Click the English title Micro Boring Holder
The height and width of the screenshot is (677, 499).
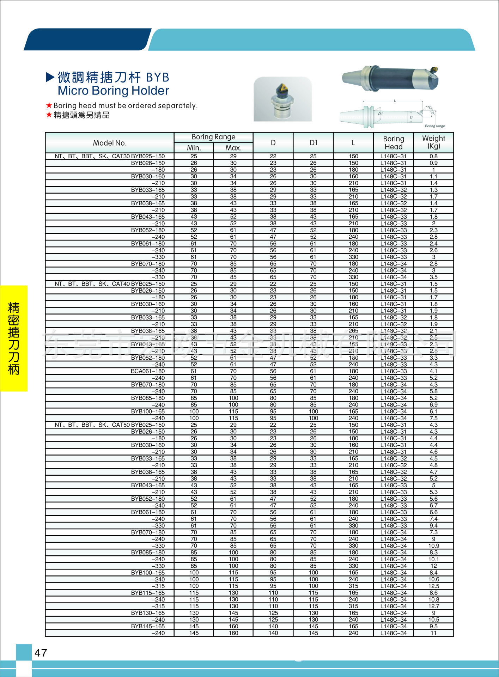coord(113,91)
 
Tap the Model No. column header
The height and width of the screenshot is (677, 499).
coord(110,143)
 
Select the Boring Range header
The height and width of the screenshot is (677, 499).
coord(213,137)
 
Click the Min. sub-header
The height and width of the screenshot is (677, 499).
coord(194,148)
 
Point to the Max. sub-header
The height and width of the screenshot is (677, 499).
coord(233,148)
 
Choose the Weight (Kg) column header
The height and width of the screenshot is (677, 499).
coord(433,142)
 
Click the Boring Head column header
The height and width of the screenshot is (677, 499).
coord(394,142)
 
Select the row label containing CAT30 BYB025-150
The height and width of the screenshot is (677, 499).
coord(110,156)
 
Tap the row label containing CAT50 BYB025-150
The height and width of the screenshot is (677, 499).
coord(110,425)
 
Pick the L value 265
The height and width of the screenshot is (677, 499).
coord(353,331)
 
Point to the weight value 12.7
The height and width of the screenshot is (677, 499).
coord(433,606)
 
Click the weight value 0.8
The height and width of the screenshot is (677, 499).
coord(433,156)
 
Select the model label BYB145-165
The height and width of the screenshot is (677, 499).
coord(148,626)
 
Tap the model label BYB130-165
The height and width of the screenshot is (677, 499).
coord(148,613)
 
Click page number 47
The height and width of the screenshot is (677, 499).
coord(41,653)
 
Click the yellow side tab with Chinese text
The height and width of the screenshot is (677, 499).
coord(14,338)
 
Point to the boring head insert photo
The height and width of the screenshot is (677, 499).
coord(283,99)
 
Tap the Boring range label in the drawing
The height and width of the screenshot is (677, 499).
coord(434,126)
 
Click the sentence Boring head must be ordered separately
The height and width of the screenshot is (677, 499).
coord(125,105)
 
